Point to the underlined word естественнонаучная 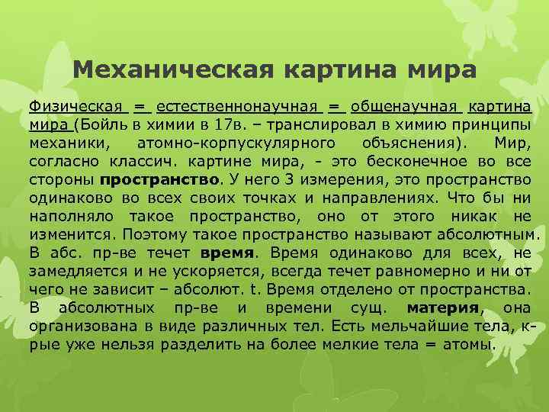tap(241, 105)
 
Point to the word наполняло tap(75, 215)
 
